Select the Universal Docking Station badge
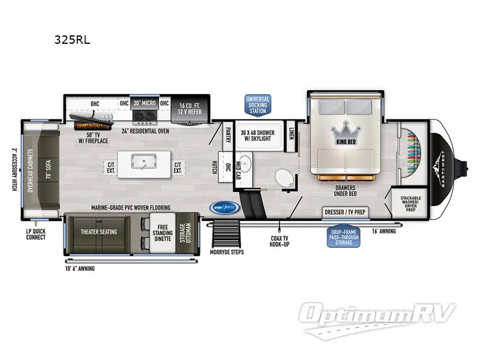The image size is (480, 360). click(x=257, y=104)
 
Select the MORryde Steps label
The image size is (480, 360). click(x=227, y=252)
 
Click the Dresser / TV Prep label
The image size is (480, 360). click(x=345, y=212)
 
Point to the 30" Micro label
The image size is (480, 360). click(x=145, y=103)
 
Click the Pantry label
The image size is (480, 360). click(x=228, y=133)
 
